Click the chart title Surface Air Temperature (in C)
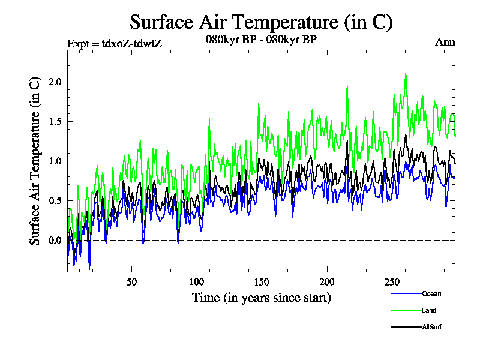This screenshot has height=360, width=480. click(261, 22)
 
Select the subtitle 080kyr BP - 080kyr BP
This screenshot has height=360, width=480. click(261, 40)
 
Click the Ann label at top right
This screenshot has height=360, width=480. click(445, 43)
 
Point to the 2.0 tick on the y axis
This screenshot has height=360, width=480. click(55, 82)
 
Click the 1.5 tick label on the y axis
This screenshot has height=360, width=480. click(55, 121)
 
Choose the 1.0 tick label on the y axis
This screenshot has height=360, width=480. click(55, 161)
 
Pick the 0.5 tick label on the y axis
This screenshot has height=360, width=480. click(55, 200)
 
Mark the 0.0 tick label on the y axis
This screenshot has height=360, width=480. click(55, 240)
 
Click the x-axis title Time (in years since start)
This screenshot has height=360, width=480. click(261, 298)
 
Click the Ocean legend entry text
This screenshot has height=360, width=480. click(431, 293)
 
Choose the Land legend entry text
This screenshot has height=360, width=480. click(428, 310)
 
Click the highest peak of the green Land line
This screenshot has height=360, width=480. click(406, 73)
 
